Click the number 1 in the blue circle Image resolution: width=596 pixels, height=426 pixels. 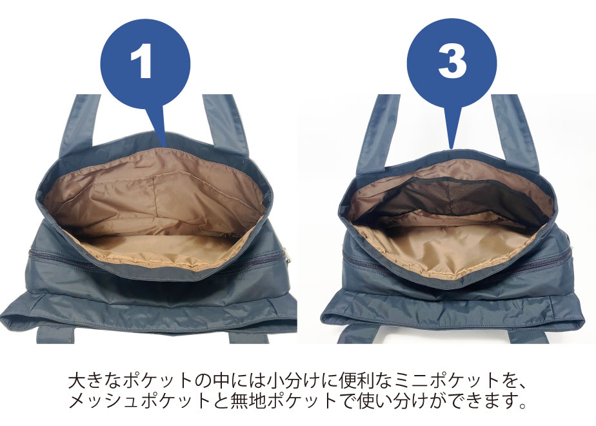click(141, 61)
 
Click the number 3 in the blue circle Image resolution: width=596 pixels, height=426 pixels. click(452, 61)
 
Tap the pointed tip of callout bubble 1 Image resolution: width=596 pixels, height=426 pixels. click(164, 146)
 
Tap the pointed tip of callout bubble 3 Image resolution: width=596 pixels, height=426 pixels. click(451, 148)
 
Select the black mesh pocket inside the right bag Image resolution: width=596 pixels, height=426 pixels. click(448, 198)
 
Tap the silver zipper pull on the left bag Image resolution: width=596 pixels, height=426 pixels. click(285, 255)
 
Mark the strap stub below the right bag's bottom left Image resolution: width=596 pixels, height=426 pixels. click(355, 335)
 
